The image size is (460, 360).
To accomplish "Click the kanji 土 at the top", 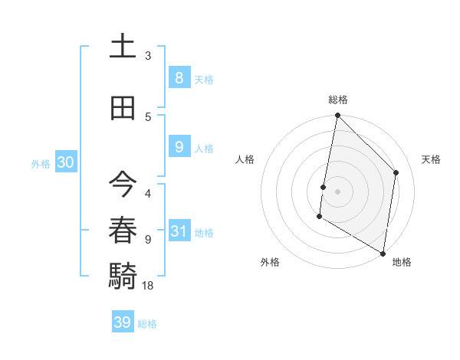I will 123,47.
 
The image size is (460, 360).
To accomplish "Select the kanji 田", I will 123,107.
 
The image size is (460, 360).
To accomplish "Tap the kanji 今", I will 123,185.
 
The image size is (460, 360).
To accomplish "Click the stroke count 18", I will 148,286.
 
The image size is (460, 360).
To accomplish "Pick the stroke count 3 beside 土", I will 148,56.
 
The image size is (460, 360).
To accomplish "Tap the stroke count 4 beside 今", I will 148,194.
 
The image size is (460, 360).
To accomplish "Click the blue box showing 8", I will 179,77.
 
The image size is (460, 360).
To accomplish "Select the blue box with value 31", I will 179,231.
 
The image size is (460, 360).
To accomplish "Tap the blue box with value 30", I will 65,162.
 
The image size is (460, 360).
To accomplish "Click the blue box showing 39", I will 123,322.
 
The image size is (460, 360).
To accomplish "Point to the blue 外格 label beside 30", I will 41,163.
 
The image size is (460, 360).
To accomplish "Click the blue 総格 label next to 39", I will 147,324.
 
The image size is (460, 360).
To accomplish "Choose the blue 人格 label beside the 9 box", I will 204,149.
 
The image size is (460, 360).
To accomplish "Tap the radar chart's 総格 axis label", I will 338,100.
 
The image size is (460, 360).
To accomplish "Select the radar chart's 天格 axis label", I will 432,159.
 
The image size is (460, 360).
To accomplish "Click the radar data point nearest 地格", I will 383,253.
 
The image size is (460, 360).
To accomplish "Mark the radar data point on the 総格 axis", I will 337,116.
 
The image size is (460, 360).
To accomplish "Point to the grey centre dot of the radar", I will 337,191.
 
